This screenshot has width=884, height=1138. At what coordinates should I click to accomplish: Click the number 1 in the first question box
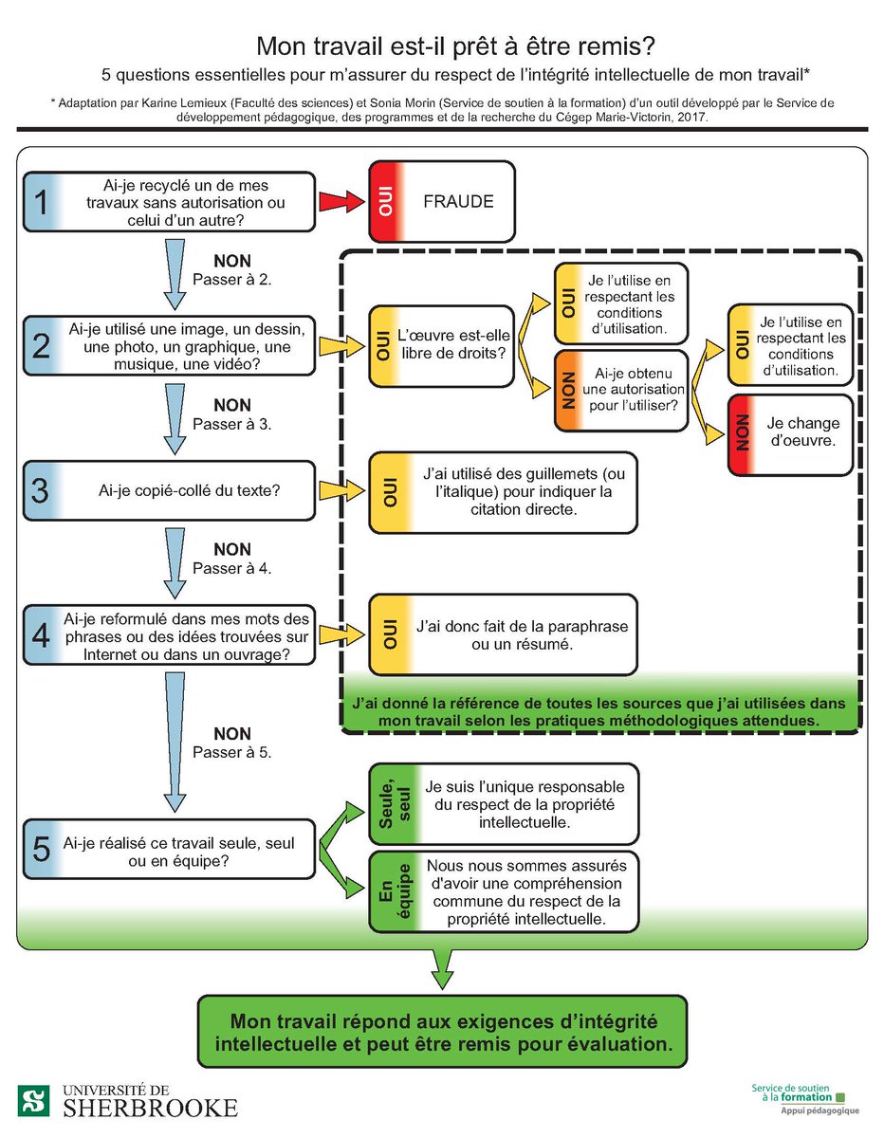[x=40, y=201]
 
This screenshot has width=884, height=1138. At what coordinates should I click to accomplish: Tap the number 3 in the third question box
[x=40, y=490]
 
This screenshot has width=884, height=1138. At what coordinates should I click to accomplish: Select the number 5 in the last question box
[x=40, y=849]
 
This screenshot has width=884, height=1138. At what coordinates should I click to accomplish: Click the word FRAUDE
[x=458, y=201]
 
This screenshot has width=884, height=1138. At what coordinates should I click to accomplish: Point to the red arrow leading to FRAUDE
[x=341, y=202]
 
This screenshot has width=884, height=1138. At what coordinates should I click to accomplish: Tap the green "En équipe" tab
[x=387, y=891]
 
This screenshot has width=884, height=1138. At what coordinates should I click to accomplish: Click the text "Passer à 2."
[x=231, y=281]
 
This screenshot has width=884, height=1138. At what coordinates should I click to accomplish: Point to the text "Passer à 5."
[x=231, y=752]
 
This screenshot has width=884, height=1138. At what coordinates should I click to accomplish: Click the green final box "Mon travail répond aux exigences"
[x=441, y=1032]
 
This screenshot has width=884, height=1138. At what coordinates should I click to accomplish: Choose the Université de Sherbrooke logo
[x=128, y=1100]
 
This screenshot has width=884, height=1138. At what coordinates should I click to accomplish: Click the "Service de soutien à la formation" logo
[x=803, y=1098]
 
